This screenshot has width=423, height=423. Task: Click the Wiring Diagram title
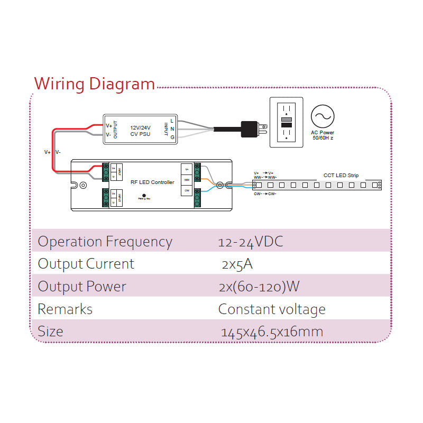94,84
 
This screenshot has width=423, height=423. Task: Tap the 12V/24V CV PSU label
140,131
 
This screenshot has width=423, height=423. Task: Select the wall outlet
286,122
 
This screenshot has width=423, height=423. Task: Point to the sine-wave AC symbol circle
323,116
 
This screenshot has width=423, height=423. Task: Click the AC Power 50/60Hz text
323,135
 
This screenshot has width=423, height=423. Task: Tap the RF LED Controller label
152,182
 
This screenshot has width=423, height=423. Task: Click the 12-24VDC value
250,242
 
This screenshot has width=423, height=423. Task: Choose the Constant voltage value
272,309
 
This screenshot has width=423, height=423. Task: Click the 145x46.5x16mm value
272,332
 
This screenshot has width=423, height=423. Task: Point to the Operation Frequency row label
105,242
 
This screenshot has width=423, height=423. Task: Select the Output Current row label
86,264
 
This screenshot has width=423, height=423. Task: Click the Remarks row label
65,309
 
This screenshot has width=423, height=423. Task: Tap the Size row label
51,332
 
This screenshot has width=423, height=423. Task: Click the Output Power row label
82,287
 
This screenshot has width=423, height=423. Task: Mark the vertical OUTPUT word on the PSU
116,130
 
